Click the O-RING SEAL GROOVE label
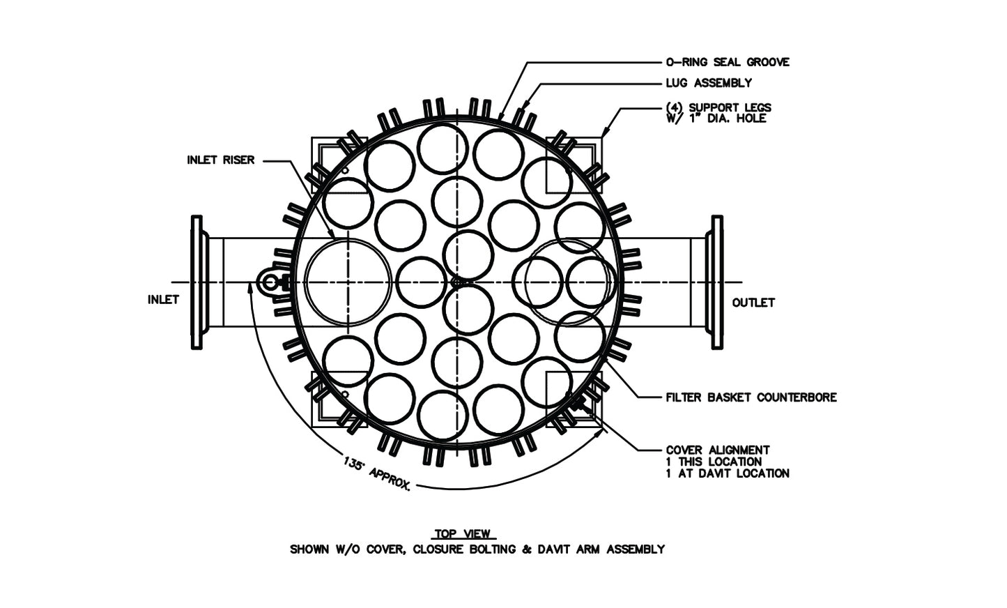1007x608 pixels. tap(728, 62)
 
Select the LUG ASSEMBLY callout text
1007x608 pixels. tap(709, 83)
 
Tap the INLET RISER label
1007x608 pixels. tap(220, 160)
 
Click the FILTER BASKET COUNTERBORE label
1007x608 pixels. tap(751, 397)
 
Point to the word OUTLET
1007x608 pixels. tap(753, 303)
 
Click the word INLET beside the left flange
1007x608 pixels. tap(164, 300)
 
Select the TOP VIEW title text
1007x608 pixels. tap(463, 534)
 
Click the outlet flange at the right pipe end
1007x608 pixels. tap(717, 282)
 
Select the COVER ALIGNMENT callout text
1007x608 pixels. tap(718, 450)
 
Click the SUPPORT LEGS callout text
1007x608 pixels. tap(718, 108)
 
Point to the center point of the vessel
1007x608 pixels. tap(456, 281)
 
